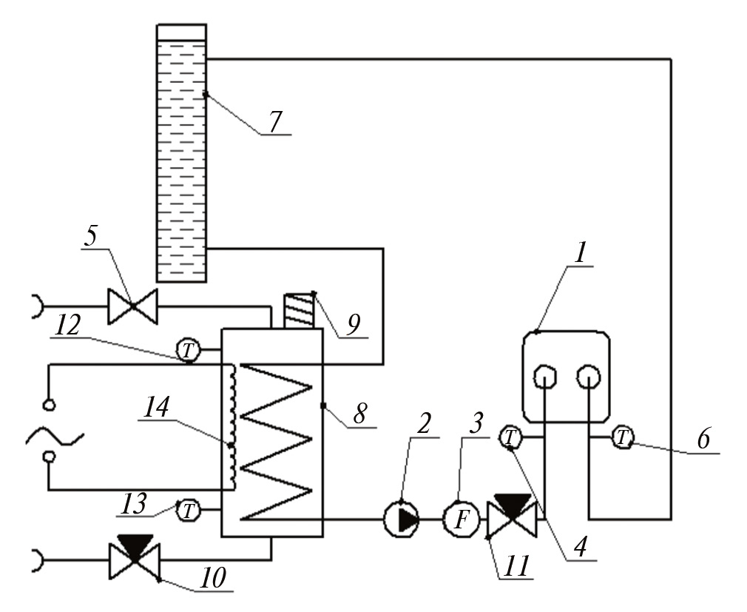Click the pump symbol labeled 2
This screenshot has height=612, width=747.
point(402,519)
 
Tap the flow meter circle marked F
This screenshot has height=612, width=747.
point(461,519)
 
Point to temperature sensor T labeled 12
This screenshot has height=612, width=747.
point(189,348)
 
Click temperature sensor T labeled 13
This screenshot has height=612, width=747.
point(189,509)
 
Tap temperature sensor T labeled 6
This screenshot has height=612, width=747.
point(623,438)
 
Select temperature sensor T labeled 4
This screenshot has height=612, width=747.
point(510,438)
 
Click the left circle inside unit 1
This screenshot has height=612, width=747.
point(545,377)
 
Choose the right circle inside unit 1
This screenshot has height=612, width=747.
point(589,377)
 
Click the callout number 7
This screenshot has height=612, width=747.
point(275,123)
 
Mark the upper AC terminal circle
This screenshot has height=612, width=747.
point(49,405)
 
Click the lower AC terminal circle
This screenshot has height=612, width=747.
point(49,457)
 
